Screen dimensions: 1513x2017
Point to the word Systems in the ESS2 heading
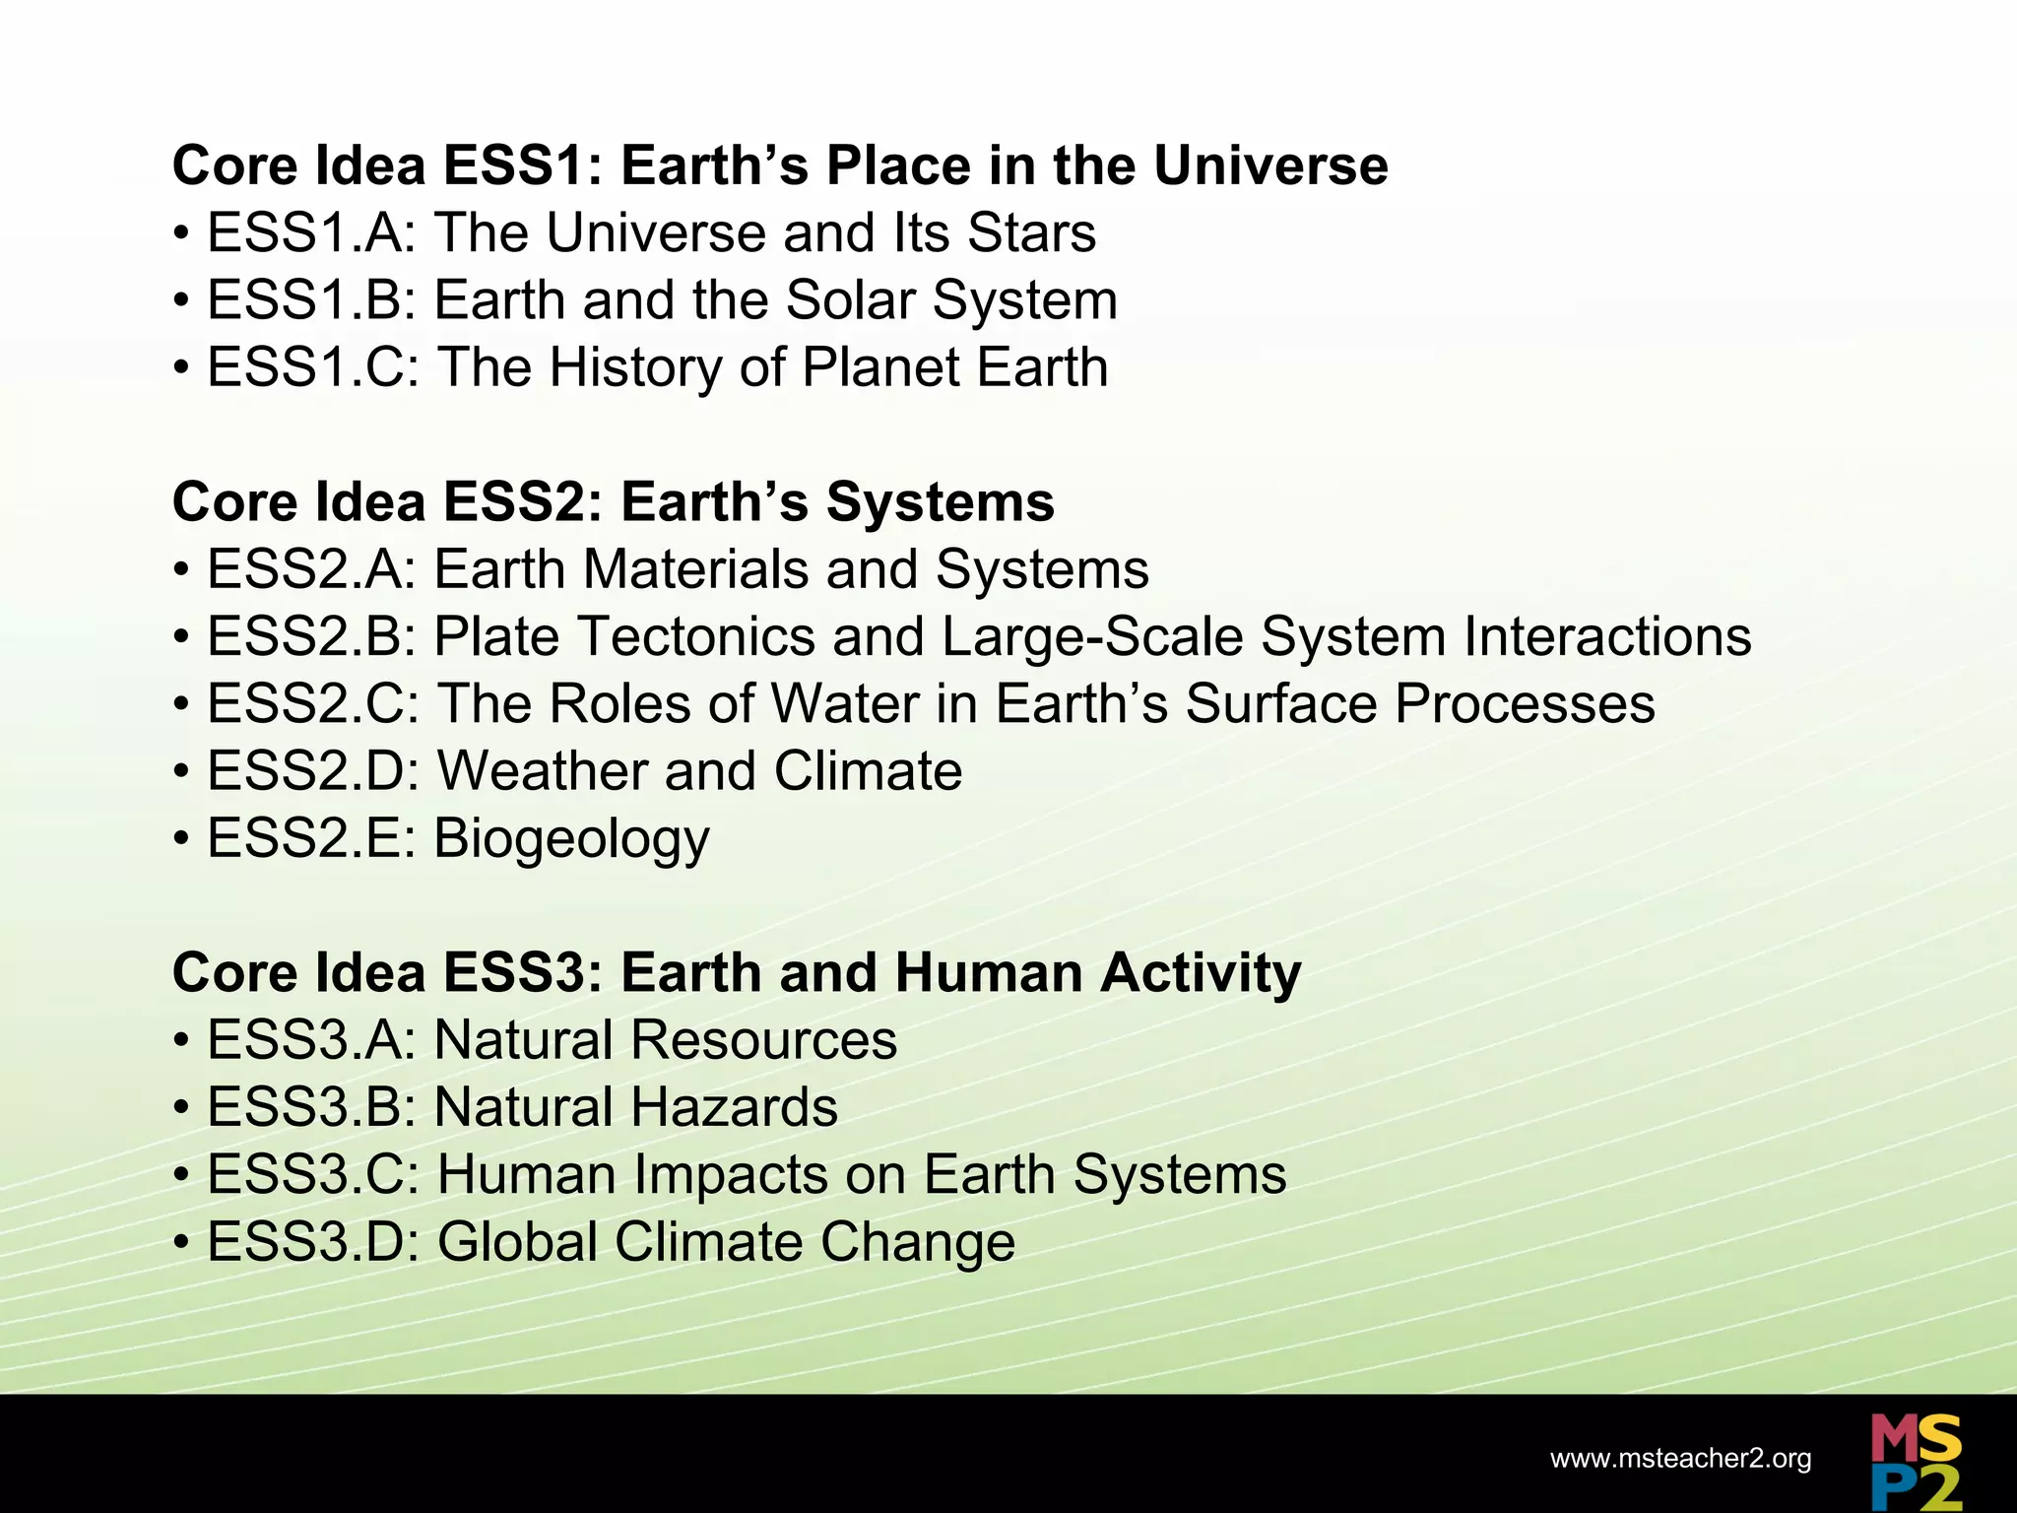click(940, 502)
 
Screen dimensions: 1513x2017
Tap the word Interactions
click(1607, 637)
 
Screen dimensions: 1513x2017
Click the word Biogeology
click(571, 839)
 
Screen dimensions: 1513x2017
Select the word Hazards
click(734, 1108)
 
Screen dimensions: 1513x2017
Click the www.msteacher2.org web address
click(1680, 1459)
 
